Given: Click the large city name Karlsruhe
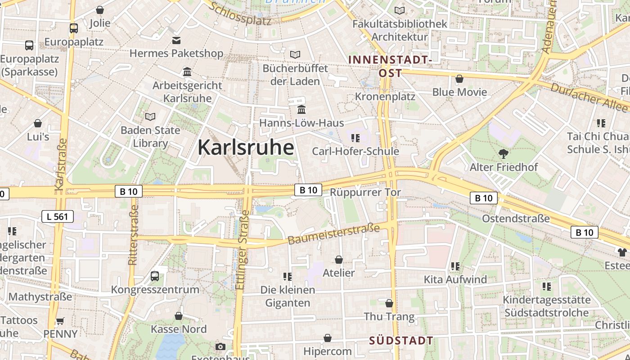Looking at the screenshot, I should click(246, 148).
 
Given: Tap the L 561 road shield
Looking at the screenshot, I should click(57, 216).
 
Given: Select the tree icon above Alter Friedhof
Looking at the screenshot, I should click(504, 154).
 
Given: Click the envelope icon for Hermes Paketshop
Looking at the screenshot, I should click(176, 40).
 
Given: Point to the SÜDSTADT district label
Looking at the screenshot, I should click(401, 341).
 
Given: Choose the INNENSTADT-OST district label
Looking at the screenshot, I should click(390, 66).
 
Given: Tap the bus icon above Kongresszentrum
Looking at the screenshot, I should click(155, 276).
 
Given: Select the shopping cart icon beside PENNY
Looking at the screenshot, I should click(60, 321).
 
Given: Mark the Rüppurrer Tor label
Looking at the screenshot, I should click(365, 192).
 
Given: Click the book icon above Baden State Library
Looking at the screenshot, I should click(150, 117).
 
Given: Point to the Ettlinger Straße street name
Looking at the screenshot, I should click(242, 250).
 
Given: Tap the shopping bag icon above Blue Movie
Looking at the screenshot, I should click(459, 79).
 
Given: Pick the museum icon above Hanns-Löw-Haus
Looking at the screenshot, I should click(301, 110).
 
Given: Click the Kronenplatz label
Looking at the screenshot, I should click(385, 96).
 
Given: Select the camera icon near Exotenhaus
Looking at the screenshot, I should click(220, 346).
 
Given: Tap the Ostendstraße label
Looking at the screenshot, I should click(516, 219).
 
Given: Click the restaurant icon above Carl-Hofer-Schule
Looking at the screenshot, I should click(355, 138).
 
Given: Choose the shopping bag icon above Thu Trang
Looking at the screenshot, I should click(389, 303).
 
